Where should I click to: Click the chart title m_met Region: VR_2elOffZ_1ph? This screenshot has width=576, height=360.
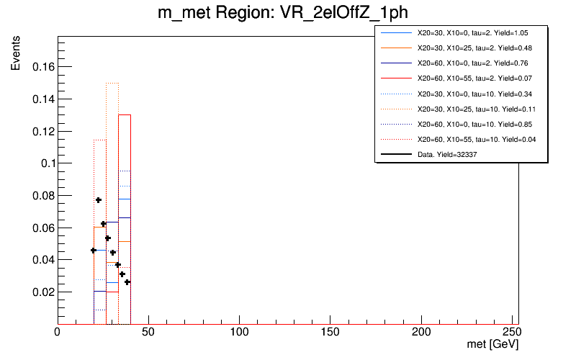point(287,13)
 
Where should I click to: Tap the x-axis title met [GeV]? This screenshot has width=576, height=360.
point(492,346)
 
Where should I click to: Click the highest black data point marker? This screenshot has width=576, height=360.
point(99,199)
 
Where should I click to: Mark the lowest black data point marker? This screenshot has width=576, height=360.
point(127,282)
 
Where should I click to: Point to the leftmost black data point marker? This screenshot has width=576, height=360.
point(94,250)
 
